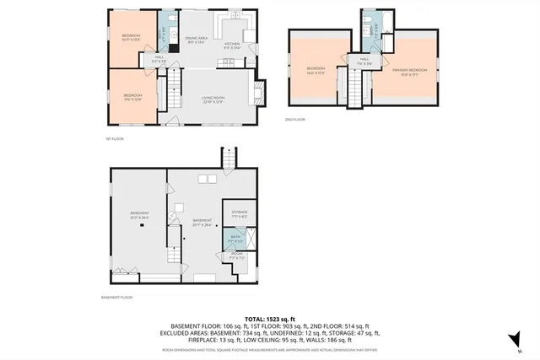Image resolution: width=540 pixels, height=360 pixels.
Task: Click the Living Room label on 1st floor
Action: point(212,99)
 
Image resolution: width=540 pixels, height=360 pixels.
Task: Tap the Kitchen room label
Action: point(232,45)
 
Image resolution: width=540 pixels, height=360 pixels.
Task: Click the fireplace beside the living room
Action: point(262,89)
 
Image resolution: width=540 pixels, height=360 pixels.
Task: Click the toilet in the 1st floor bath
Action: point(170,19)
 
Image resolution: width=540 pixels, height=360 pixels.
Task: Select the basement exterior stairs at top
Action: point(227,158)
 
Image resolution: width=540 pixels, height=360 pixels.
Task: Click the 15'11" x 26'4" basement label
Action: point(139,214)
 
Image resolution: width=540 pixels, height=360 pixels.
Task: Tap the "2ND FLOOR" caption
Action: point(294,120)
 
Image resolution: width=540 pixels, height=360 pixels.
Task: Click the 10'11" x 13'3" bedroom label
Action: point(132,36)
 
